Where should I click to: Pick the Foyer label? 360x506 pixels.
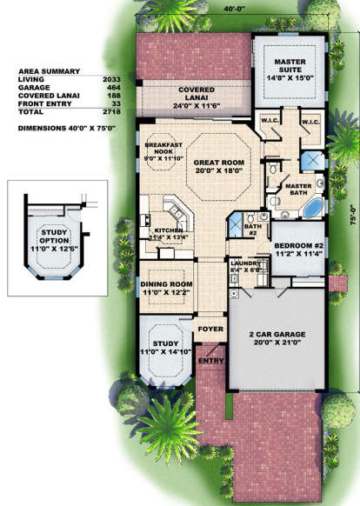point(211,330)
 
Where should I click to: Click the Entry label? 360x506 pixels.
point(210,359)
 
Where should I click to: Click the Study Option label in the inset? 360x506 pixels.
point(58,237)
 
